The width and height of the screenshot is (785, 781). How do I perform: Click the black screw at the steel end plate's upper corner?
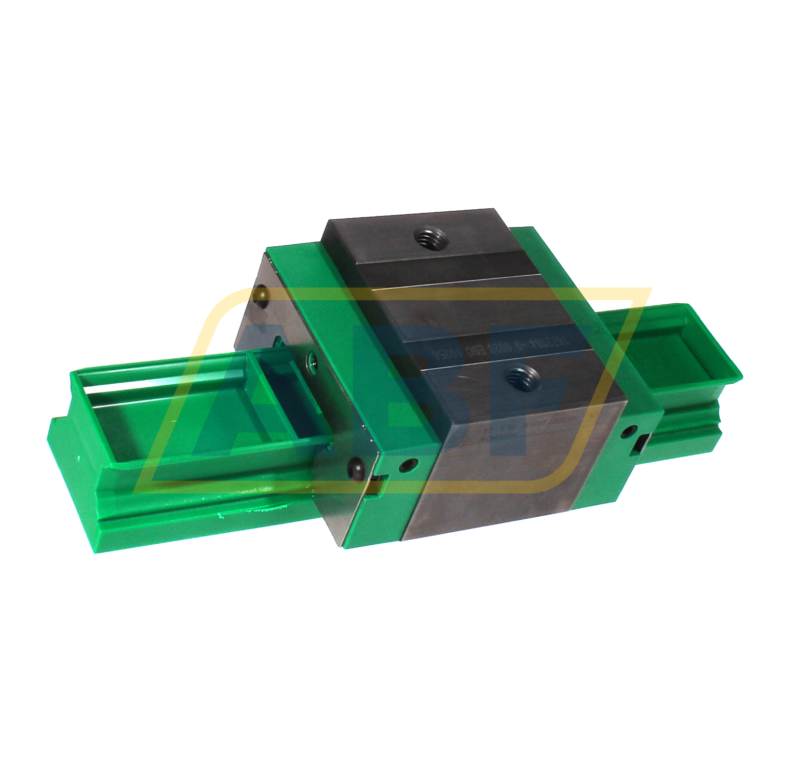click(x=261, y=297)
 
